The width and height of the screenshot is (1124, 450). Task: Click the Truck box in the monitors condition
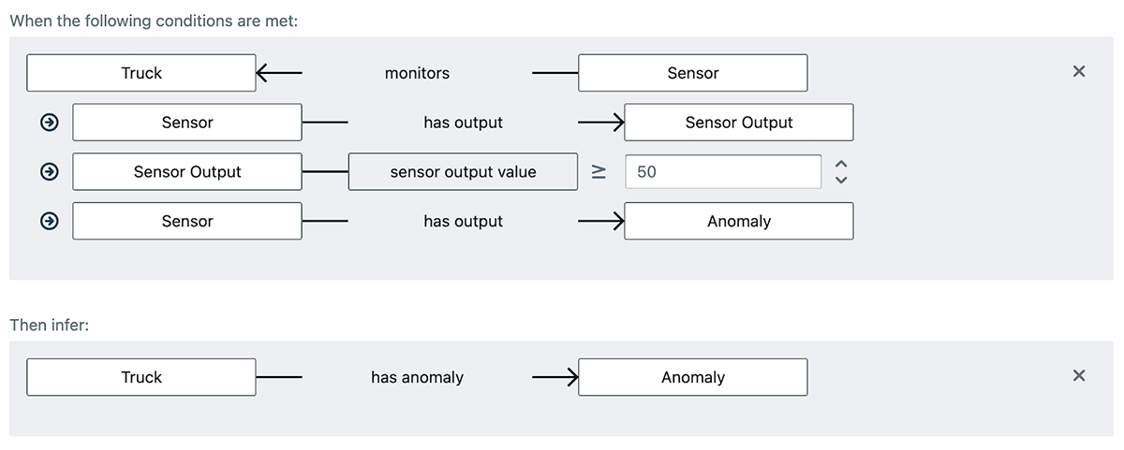[140, 73]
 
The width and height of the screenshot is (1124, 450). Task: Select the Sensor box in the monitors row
[692, 73]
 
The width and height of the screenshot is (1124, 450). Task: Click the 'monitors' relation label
[417, 73]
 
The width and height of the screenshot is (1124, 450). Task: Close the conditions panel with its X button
[1078, 72]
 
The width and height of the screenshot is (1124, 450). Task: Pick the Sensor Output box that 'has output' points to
[738, 123]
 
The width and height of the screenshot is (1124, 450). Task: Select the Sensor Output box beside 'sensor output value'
[187, 172]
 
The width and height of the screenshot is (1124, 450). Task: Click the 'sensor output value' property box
[463, 172]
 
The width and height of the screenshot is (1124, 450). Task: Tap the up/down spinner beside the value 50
[840, 172]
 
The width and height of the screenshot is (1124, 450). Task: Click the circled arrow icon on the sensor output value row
[49, 172]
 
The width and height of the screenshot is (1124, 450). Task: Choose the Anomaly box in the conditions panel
[738, 222]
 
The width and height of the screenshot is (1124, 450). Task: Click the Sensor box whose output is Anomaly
[187, 222]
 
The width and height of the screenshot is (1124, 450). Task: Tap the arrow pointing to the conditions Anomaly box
[614, 222]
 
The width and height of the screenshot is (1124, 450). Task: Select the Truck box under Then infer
[140, 377]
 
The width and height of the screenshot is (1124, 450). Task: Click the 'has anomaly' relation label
[417, 377]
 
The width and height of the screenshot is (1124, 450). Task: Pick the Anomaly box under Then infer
[692, 377]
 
